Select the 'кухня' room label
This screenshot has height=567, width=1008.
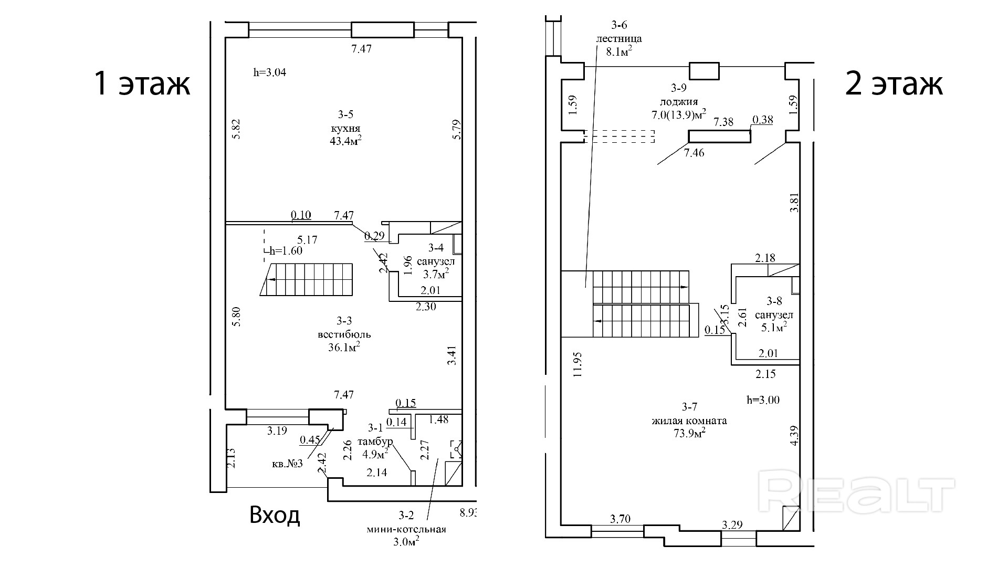pos(345,129)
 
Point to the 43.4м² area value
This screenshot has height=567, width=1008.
pos(345,141)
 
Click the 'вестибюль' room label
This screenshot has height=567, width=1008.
pos(344,334)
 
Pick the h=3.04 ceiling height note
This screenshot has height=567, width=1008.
pos(269,72)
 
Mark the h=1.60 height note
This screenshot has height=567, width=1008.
pos(286,250)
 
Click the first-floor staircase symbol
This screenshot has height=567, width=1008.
pos(307,280)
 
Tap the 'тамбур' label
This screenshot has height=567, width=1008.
pos(375,441)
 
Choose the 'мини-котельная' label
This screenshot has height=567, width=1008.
pos(407,529)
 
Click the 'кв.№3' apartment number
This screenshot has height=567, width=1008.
pos(287,464)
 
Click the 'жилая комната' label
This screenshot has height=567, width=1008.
pos(689,421)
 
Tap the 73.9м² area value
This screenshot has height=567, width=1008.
pos(689,433)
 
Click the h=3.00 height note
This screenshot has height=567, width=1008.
pos(763,400)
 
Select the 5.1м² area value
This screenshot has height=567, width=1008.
pos(774,327)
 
